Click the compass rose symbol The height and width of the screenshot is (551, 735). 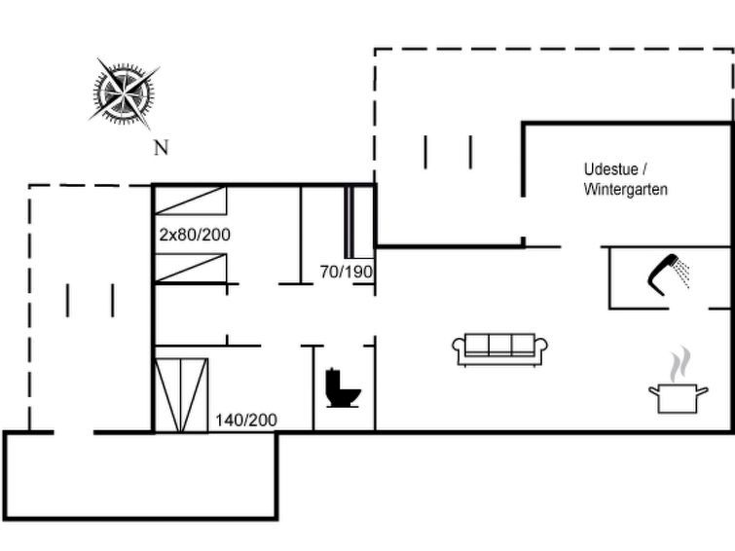click(124, 92)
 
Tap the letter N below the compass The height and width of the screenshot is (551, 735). click(162, 148)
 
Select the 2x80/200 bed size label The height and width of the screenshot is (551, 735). click(195, 235)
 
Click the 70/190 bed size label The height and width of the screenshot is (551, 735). click(347, 272)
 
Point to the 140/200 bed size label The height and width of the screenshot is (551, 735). click(246, 420)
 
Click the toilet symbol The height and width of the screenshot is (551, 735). click(343, 387)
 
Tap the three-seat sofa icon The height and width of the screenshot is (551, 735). click(499, 349)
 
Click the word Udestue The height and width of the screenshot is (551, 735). click(610, 169)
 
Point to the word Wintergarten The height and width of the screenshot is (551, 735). click(626, 190)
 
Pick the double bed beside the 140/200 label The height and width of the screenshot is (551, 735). click(181, 395)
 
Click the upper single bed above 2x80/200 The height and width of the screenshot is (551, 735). click(190, 201)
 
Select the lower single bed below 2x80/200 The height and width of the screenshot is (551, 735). click(190, 268)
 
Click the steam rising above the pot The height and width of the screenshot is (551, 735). click(680, 364)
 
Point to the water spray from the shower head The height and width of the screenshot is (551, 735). click(682, 275)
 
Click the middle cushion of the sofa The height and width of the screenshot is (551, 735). click(500, 345)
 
